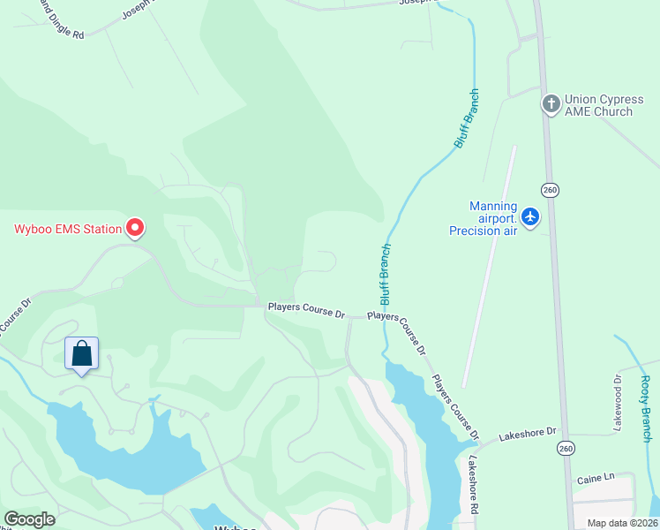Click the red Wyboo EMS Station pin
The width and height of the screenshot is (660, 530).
coord(135,228)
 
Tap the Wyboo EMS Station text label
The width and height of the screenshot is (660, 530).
coord(67,230)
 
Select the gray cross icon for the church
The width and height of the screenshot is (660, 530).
coord(551,104)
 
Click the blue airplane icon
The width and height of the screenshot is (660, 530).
coord(530,216)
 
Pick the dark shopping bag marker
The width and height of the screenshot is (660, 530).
coord(82,354)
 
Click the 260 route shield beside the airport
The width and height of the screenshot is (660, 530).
coord(551,190)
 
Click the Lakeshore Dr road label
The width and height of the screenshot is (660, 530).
coord(527,432)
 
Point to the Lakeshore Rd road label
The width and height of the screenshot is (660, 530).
coord(474,485)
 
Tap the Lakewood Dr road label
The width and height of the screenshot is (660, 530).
coord(618,403)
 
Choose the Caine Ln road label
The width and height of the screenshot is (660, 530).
coord(595,478)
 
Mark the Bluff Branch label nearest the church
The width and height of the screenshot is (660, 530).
coord(467,117)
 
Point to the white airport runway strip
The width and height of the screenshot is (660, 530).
coord(488,265)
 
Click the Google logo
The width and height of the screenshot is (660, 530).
coord(29,519)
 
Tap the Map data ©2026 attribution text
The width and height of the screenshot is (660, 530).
coord(622,523)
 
